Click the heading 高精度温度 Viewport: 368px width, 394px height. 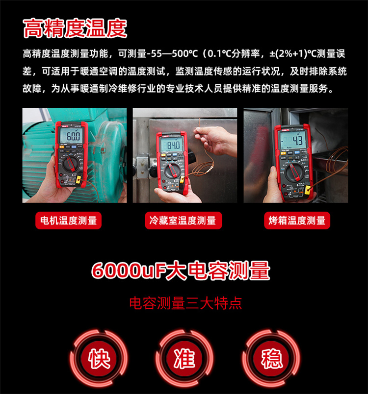pyautogui.click(x=75, y=28)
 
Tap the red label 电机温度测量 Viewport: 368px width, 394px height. pyautogui.click(x=69, y=221)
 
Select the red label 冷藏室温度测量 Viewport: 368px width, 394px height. pyautogui.click(x=183, y=221)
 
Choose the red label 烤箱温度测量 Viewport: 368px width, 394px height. pyautogui.click(x=297, y=221)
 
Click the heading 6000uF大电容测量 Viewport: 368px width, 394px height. pyautogui.click(x=181, y=271)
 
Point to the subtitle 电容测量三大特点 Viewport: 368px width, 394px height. pyautogui.click(x=185, y=303)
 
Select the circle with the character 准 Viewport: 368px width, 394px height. pyautogui.click(x=184, y=358)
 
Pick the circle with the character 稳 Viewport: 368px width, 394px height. pyautogui.click(x=272, y=358)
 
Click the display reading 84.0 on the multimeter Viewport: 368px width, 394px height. pyautogui.click(x=172, y=146)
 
